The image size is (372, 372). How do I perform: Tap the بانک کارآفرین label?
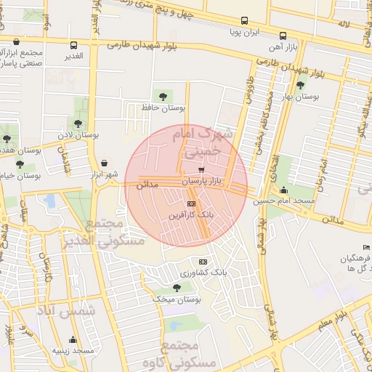[191, 215]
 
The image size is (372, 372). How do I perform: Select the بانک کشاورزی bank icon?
[203, 262]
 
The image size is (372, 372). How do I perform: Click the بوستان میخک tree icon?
[177, 288]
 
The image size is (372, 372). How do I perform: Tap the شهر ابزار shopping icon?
[106, 163]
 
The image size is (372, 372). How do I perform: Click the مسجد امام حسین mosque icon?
[283, 190]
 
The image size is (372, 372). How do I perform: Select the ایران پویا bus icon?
[244, 21]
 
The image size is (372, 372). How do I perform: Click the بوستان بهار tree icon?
[300, 85]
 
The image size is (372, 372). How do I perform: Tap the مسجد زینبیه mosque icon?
[73, 339]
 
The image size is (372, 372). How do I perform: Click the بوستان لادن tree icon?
[77, 124]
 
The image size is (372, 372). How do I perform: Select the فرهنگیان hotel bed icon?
[367, 248]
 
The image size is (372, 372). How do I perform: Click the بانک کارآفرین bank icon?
[191, 203]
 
